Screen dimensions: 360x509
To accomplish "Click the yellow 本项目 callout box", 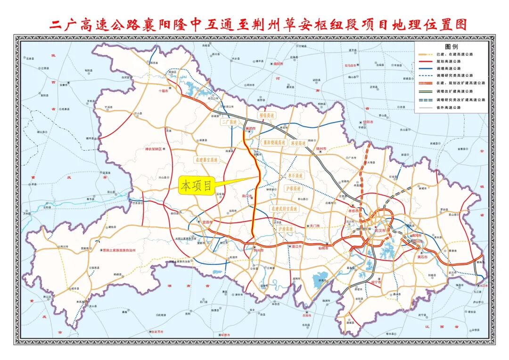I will point(196,186).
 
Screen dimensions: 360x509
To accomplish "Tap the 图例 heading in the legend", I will point(451,47).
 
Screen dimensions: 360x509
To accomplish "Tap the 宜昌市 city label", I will point(208,221).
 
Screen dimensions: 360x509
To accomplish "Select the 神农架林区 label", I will point(153,149).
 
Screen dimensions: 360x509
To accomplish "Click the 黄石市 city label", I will point(422,257).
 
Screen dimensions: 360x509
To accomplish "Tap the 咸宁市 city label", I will point(376,282).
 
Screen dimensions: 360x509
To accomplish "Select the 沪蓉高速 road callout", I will point(293,188).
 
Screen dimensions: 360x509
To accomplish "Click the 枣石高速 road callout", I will point(296,175).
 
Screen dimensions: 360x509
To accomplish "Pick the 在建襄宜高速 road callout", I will point(206,160).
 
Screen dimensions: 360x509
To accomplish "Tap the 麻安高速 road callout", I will point(298,142).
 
